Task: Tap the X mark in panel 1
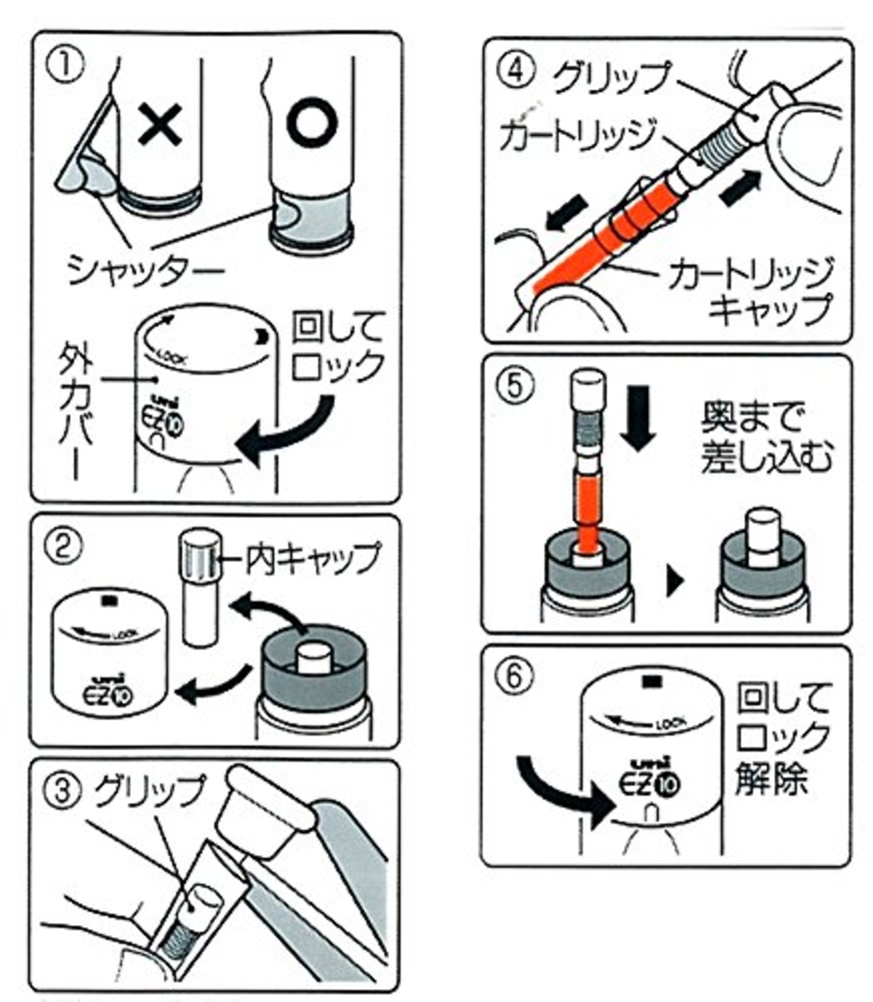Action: pyautogui.click(x=160, y=124)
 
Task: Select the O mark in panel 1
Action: pyautogui.click(x=312, y=123)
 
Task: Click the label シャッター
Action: pyautogui.click(x=145, y=270)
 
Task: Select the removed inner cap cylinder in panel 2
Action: pyautogui.click(x=200, y=588)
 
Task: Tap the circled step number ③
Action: pyautogui.click(x=63, y=792)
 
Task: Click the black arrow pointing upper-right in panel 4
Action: pyautogui.click(x=739, y=187)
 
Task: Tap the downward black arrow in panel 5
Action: pyautogui.click(x=638, y=417)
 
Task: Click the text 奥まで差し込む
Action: pyautogui.click(x=765, y=437)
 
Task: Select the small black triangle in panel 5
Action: pyautogui.click(x=674, y=582)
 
